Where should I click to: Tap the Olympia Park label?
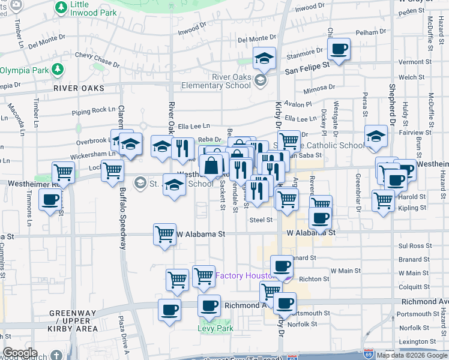[x=24, y=70]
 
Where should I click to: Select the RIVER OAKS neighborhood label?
[x=78, y=88]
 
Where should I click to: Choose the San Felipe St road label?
[x=307, y=70]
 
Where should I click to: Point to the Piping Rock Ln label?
[x=93, y=110]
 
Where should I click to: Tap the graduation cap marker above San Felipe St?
[x=264, y=59]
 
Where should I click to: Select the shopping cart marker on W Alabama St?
[x=165, y=234]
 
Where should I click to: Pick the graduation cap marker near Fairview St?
[x=376, y=137]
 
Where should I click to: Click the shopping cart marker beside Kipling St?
[x=382, y=200]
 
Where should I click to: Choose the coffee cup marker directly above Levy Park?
[x=209, y=305]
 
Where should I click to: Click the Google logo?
[x=20, y=353]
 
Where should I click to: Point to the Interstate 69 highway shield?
[x=369, y=354]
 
